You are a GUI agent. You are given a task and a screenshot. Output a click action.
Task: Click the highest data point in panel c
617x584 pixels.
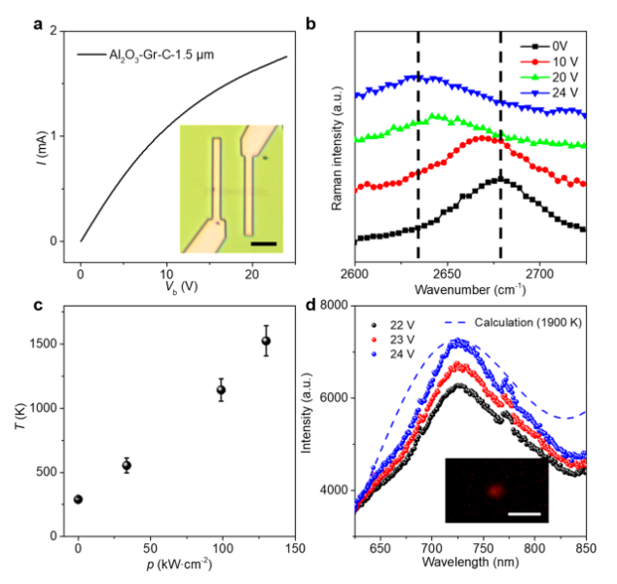(x=266, y=341)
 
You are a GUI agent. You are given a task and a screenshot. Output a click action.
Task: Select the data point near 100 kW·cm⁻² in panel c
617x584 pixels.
(x=221, y=390)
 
